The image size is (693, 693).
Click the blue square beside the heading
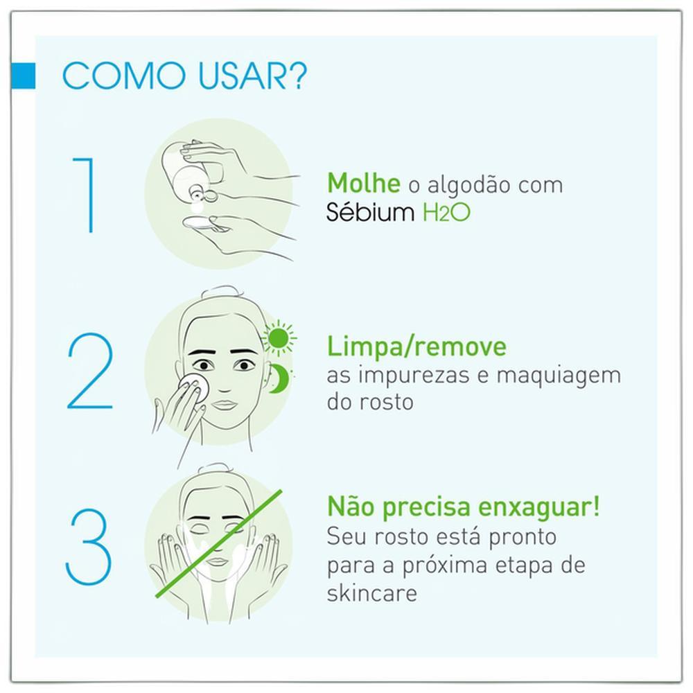click(x=23, y=75)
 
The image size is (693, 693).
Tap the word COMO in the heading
click(x=124, y=76)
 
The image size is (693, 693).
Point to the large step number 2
click(x=90, y=371)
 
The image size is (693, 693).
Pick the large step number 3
click(x=89, y=547)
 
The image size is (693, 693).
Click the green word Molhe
click(x=364, y=183)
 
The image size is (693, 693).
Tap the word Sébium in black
click(x=370, y=211)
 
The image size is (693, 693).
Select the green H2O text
click(x=446, y=213)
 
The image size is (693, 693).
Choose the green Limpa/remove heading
click(x=416, y=347)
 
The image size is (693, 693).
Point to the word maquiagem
click(x=559, y=376)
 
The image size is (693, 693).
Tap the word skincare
click(x=371, y=593)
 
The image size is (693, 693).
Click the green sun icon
click(x=279, y=338)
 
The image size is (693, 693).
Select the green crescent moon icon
click(x=280, y=379)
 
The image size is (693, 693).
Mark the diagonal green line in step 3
click(x=219, y=543)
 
